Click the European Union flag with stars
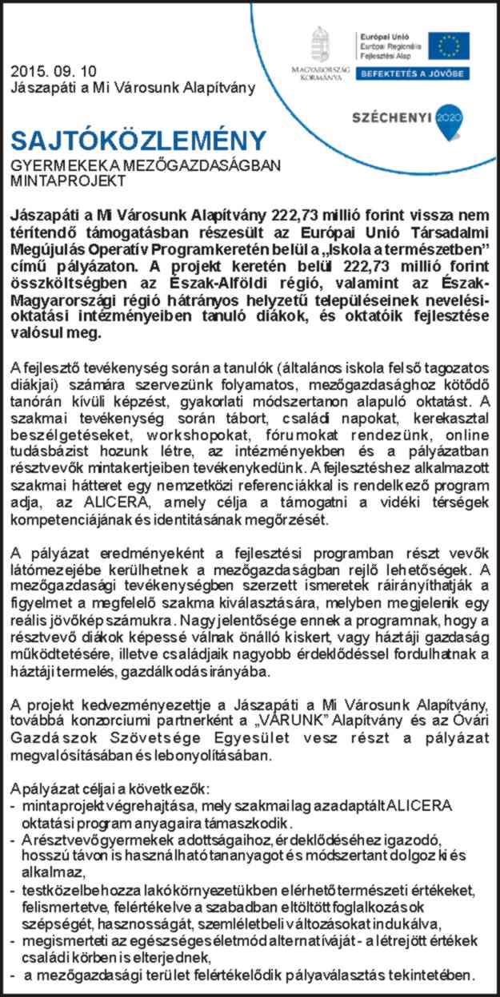point(448,46)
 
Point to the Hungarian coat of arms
point(320,44)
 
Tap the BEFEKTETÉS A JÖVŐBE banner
point(412,74)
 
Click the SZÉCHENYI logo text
point(392,117)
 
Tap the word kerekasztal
point(444,418)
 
